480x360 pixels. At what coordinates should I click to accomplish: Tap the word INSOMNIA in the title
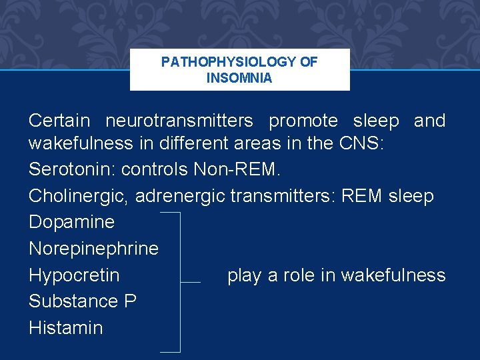[x=239, y=78]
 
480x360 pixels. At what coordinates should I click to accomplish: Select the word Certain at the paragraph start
[x=59, y=121]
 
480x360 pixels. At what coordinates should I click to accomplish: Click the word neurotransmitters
[x=179, y=121]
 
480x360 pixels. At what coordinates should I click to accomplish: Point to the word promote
[x=303, y=121]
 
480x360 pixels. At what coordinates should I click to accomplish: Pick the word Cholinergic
[x=79, y=196]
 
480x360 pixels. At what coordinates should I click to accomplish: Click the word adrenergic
[x=182, y=196]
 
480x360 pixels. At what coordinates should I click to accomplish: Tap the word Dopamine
[x=71, y=222]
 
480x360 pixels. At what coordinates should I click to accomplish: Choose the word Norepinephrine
[x=93, y=249]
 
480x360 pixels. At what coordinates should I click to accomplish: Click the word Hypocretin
[x=74, y=275]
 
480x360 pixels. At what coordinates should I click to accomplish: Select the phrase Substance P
[x=83, y=301]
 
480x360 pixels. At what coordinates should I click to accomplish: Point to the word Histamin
[x=65, y=327]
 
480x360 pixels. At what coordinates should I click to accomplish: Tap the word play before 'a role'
[x=244, y=275]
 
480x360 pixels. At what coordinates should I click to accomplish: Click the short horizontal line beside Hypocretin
[x=191, y=282]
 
